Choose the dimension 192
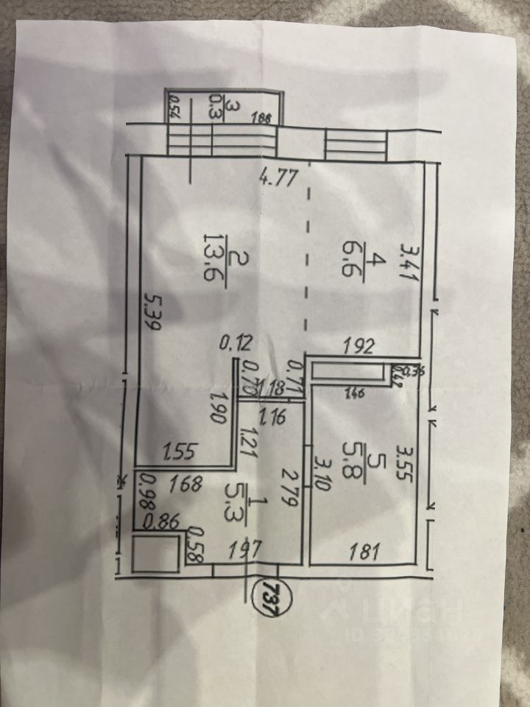pos(362,343)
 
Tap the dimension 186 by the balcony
pos(261,116)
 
